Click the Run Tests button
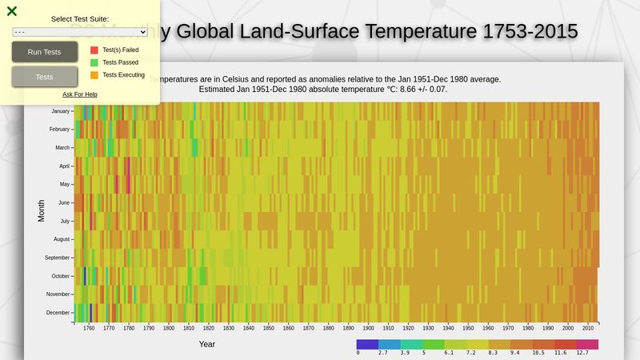44,52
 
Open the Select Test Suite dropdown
80,31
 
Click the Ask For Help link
80,94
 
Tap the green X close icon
12,11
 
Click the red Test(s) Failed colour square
94,50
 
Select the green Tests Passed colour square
94,62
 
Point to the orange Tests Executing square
94,75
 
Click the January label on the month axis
60,111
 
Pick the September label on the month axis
57,258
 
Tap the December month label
58,313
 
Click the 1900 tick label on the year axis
368,328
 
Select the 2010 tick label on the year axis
588,328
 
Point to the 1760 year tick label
89,328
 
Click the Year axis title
207,344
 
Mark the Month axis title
42,211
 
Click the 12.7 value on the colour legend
582,352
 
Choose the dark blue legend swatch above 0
367,344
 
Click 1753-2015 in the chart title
530,31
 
